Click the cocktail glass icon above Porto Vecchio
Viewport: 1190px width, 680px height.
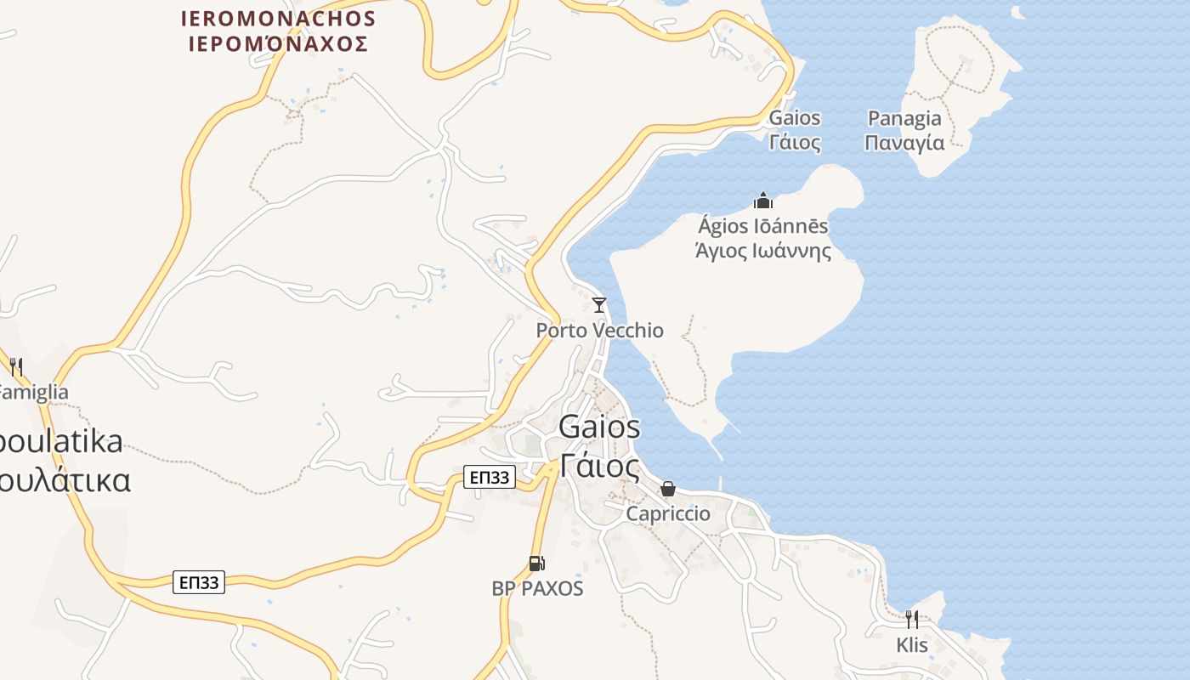[599, 304]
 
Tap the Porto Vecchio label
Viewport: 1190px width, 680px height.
[599, 330]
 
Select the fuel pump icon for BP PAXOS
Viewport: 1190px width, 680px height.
[536, 563]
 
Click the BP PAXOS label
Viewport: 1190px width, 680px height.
[537, 588]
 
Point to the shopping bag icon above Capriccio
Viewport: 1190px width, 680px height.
[668, 489]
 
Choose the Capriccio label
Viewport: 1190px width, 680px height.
[668, 513]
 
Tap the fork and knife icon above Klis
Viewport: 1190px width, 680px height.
[912, 619]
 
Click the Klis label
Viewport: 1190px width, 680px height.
[912, 645]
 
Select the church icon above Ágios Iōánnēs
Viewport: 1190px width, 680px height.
[763, 201]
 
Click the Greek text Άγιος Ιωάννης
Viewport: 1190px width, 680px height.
[762, 251]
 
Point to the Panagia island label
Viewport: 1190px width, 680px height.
[904, 118]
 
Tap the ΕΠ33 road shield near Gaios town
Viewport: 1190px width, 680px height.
[490, 478]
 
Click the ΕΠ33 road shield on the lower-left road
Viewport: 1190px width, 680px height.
[199, 582]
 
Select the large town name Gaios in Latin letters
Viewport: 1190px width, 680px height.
[599, 427]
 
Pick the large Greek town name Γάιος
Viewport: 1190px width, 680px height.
[599, 466]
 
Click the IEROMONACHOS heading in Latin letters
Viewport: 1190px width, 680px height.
[279, 18]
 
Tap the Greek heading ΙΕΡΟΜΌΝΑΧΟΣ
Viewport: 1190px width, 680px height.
[279, 43]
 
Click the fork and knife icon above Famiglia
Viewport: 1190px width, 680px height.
[15, 366]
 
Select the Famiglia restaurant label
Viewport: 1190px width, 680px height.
[32, 392]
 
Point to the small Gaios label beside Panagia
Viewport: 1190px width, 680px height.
[795, 118]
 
